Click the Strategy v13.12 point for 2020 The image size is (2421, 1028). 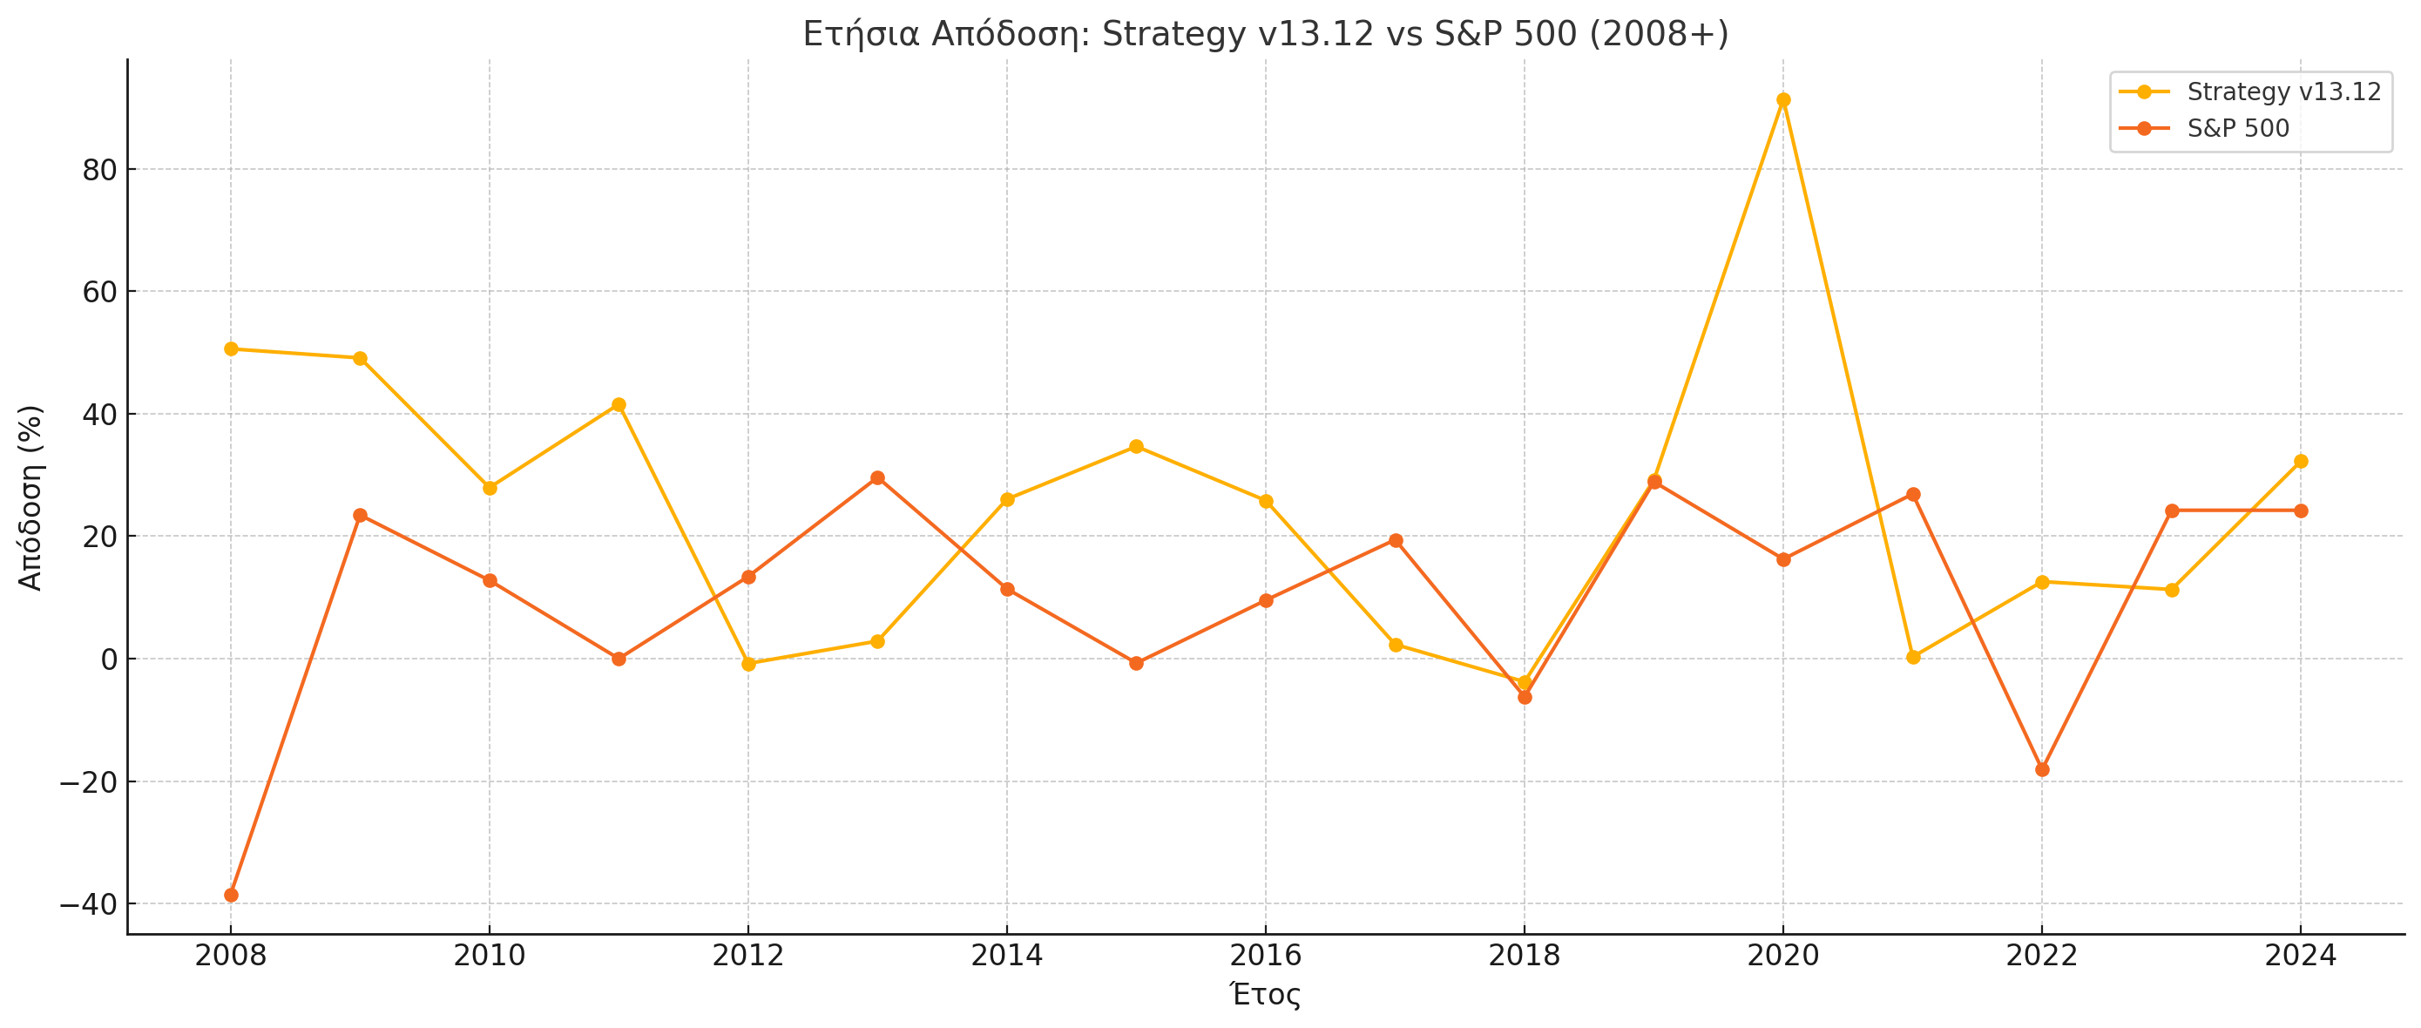(1782, 99)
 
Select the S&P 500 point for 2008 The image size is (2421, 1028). (231, 895)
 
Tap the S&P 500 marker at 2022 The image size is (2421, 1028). (2042, 769)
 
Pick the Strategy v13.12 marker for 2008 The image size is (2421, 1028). (231, 348)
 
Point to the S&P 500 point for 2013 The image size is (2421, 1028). (878, 477)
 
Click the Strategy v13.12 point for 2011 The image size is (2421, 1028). (619, 405)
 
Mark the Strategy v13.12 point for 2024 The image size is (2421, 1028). (2301, 462)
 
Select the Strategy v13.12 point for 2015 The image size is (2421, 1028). (1136, 446)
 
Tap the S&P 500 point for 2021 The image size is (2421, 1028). (1912, 494)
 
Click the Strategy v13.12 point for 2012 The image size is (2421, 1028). (748, 663)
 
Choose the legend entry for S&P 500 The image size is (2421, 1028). (2238, 128)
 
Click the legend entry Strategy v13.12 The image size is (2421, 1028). (2282, 92)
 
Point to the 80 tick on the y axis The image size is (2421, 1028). (98, 170)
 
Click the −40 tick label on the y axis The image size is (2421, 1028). (88, 905)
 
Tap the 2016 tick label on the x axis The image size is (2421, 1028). (1265, 956)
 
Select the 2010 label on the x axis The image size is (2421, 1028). (489, 956)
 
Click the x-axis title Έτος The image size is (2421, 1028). (1265, 994)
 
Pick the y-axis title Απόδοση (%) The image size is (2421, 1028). (30, 497)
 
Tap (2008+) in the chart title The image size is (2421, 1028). (1658, 34)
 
